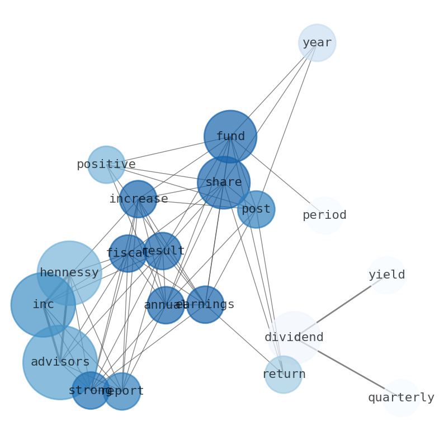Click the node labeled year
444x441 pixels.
pyautogui.click(x=317, y=43)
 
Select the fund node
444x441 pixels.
pyautogui.click(x=230, y=137)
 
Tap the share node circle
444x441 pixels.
pyautogui.click(x=224, y=183)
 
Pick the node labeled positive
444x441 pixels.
pyautogui.click(x=106, y=165)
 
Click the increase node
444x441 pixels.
pyautogui.click(x=138, y=199)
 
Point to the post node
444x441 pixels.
pyautogui.click(x=256, y=209)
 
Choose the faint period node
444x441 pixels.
pyautogui.click(x=324, y=215)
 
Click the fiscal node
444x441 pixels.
pyautogui.click(x=127, y=253)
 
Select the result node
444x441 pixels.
pyautogui.click(x=163, y=251)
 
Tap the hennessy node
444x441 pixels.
pyautogui.click(x=69, y=273)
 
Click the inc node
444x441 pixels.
pyautogui.click(x=43, y=305)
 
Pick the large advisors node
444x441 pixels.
pyautogui.click(x=60, y=362)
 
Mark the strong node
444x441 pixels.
pyautogui.click(x=90, y=391)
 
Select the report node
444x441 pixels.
pyautogui.click(x=122, y=391)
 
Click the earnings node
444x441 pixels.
pyautogui.click(x=205, y=305)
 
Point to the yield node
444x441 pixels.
pyautogui.click(x=386, y=275)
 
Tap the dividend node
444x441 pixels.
pyautogui.click(x=294, y=338)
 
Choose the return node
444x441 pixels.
pyautogui.click(x=284, y=375)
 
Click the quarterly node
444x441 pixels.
pyautogui.click(x=401, y=398)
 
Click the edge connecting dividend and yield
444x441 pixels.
pyautogui.click(x=341, y=306)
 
